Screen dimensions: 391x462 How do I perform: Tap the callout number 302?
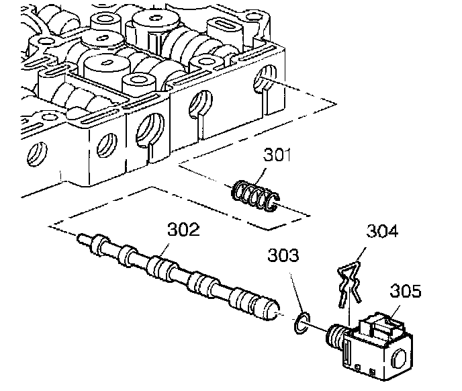[x=183, y=230]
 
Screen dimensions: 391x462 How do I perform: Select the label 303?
[x=285, y=256]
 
